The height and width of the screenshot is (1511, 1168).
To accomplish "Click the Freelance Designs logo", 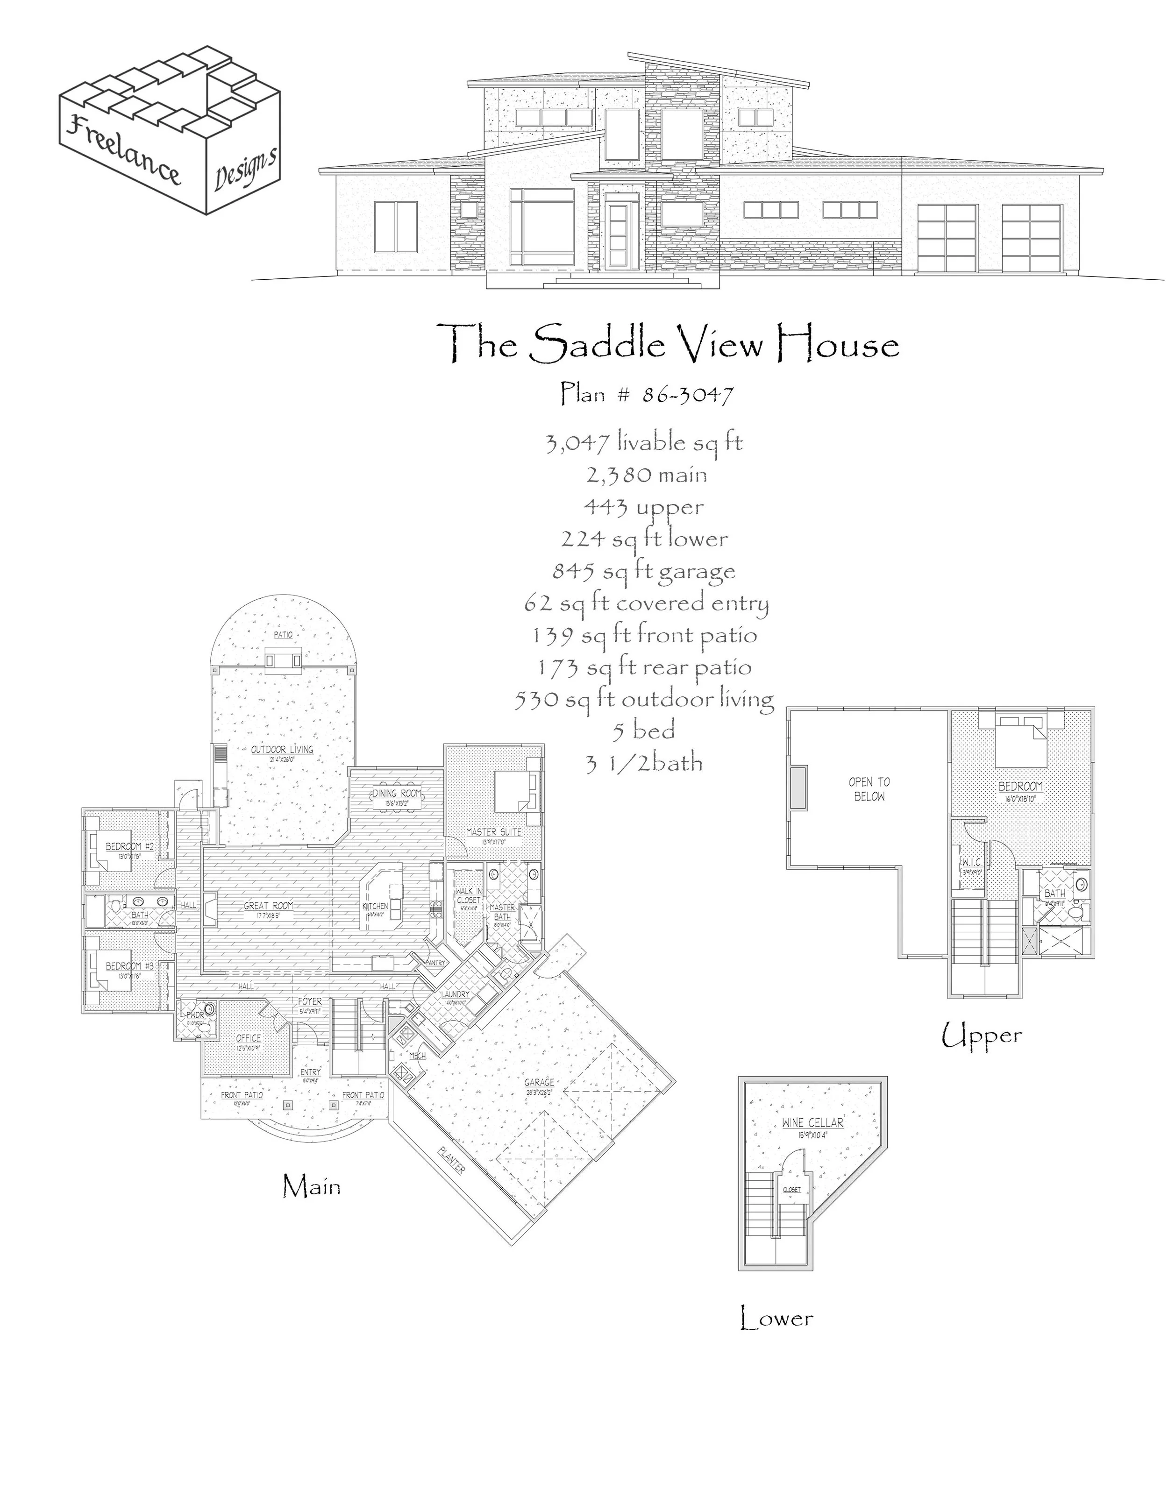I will [170, 130].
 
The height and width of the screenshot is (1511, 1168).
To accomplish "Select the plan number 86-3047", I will [647, 394].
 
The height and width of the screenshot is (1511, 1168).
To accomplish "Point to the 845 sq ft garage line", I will [643, 571].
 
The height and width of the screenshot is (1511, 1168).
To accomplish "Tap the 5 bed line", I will [643, 731].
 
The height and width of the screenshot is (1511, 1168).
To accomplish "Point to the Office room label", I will [249, 1038].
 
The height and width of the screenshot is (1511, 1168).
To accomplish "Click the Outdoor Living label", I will [282, 749].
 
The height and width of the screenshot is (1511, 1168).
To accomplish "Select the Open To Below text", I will [869, 789].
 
